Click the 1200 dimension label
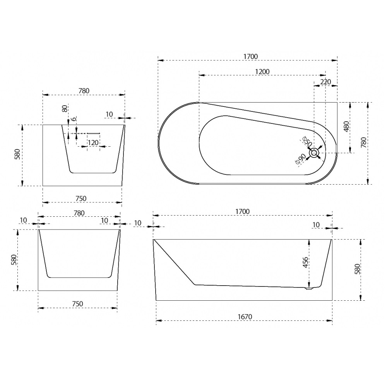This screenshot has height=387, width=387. [262, 72]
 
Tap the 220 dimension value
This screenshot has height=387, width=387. [325, 82]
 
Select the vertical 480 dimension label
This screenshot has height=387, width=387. [346, 127]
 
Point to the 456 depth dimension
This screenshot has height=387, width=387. [305, 262]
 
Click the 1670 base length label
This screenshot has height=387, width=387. [245, 317]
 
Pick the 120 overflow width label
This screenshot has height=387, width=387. [93, 142]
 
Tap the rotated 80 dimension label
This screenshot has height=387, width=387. [65, 109]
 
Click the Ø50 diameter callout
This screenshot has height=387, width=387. [307, 141]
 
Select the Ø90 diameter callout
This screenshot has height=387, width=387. [301, 159]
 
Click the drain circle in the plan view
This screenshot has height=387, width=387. [314, 153]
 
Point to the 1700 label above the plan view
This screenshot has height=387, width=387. [250, 57]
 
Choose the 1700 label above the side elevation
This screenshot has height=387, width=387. [242, 212]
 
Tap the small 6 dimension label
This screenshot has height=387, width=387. [74, 119]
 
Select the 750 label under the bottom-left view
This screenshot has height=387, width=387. [77, 304]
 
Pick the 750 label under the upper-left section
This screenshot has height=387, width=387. [81, 199]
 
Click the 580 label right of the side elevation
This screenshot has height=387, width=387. [357, 269]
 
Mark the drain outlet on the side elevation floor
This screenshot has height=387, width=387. [309, 288]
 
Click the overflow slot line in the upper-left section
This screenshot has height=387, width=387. [93, 133]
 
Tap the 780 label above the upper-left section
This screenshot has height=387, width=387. [84, 91]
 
